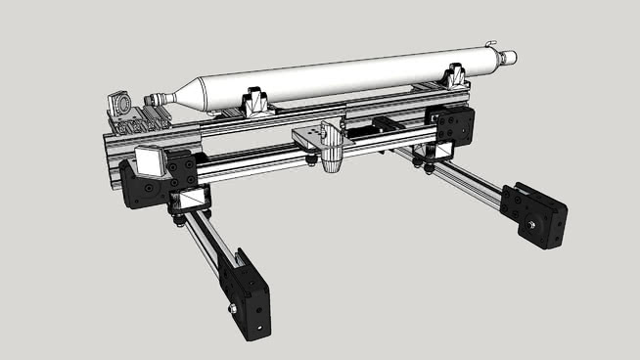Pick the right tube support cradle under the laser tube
455,76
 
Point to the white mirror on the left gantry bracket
150,161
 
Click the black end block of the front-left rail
245,289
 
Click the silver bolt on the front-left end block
232,310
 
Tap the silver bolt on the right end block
529,227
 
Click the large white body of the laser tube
343,78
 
